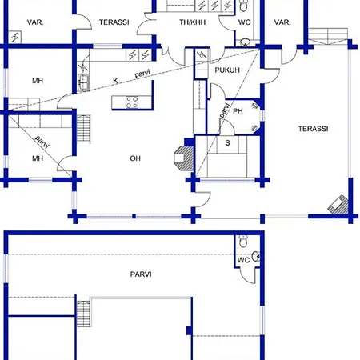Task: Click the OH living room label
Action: coord(135,158)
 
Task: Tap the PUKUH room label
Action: coord(227,70)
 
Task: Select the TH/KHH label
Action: coord(192,22)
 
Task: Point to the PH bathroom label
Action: coord(238,111)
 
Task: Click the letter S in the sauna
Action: coord(227,143)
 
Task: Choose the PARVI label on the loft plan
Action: coord(141,274)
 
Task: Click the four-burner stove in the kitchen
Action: coord(132,102)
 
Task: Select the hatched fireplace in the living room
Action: coord(184,158)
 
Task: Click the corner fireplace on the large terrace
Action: coord(338,205)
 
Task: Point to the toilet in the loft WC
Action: coord(243,241)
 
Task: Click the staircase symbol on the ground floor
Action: coord(83,129)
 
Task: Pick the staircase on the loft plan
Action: coord(83,314)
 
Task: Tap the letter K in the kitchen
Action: coord(115,81)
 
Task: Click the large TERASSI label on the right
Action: coord(313,129)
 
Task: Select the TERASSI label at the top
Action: coord(114,22)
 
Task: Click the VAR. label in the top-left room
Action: coord(35,22)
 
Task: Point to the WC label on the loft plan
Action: coord(243,260)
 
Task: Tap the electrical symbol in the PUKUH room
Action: coord(202,55)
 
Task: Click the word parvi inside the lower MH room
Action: coord(42,142)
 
